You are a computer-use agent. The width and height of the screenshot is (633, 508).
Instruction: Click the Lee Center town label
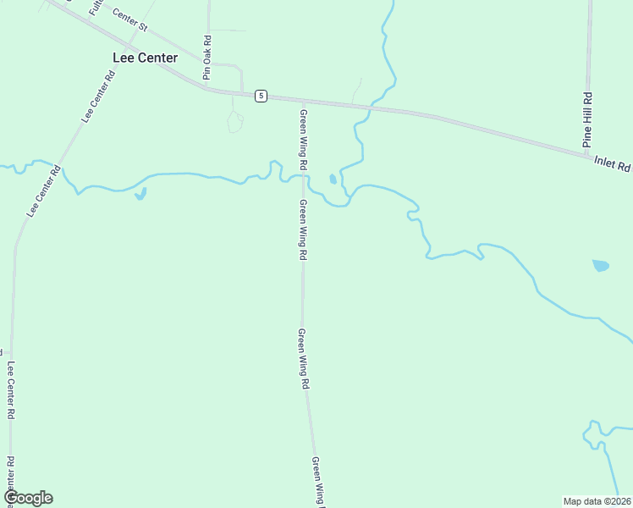click(x=145, y=58)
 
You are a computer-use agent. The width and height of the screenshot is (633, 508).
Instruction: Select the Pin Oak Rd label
click(x=206, y=58)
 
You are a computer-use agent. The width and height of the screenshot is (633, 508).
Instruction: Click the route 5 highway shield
click(x=261, y=96)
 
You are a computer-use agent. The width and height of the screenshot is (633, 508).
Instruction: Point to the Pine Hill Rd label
click(x=586, y=120)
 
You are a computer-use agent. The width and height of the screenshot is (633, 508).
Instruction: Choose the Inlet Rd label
click(x=612, y=163)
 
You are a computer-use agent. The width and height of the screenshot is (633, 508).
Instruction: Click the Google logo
click(x=27, y=498)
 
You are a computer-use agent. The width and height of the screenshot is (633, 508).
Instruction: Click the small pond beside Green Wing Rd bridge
click(x=333, y=179)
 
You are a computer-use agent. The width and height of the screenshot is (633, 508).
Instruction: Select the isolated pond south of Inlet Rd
click(x=600, y=265)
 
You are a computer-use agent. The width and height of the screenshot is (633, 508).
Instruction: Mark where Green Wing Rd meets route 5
click(x=302, y=101)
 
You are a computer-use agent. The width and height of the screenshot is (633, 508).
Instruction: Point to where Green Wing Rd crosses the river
click(x=302, y=176)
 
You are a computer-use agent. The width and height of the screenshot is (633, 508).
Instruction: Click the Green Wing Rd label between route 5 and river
click(x=302, y=137)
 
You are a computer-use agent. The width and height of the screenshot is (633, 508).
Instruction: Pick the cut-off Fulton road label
click(x=94, y=8)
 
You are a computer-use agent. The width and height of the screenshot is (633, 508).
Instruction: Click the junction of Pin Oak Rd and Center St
click(x=208, y=63)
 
